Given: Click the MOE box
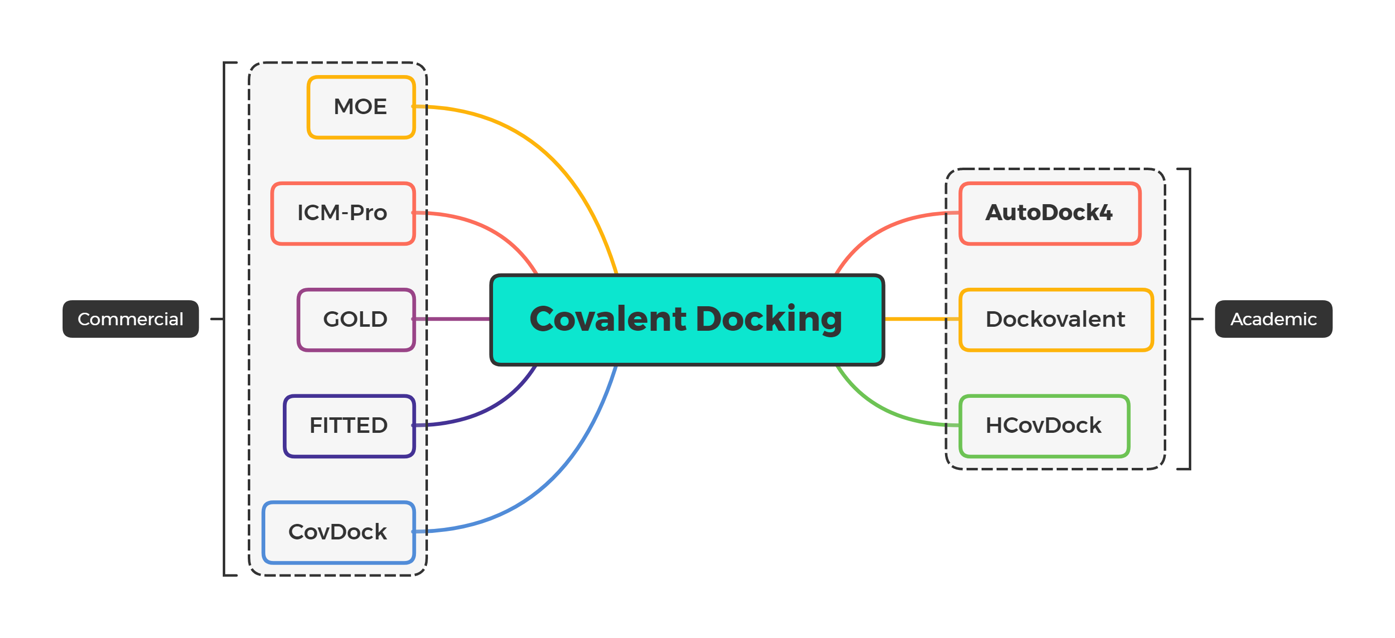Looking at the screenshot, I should [361, 107].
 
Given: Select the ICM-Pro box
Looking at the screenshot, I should [343, 213].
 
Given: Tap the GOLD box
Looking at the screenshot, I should [356, 320].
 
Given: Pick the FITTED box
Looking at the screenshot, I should [349, 426].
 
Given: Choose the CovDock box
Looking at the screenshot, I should [338, 532].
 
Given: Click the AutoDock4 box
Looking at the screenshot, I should [1050, 213].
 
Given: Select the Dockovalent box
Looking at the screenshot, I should [1056, 320].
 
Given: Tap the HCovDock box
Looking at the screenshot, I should [1044, 426].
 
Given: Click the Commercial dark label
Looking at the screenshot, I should [131, 319].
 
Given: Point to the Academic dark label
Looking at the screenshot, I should [1273, 319].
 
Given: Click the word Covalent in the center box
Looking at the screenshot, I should [608, 319].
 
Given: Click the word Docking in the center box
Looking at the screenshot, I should [768, 319].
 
